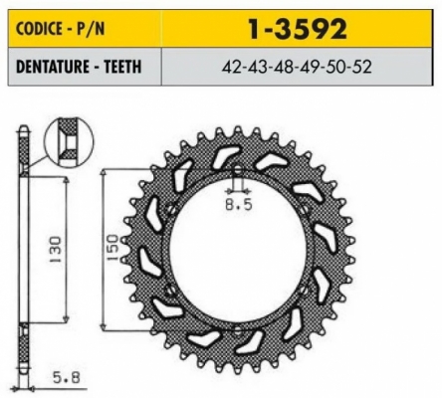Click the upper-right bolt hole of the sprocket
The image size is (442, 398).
click(x=300, y=208)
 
